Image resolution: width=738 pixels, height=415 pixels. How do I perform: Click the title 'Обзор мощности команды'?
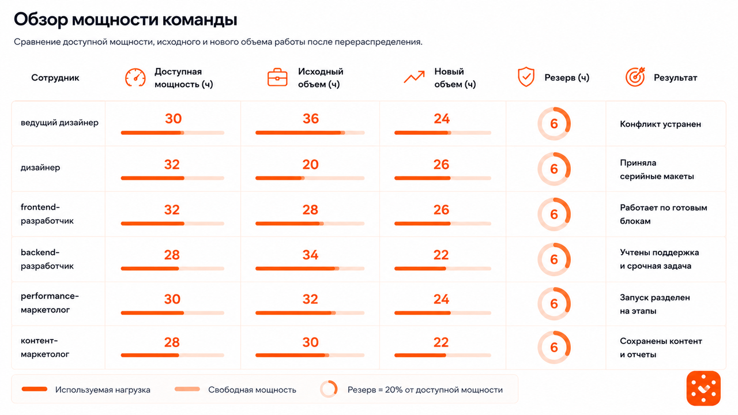click(x=126, y=20)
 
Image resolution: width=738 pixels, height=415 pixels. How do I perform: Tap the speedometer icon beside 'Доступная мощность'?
click(x=135, y=78)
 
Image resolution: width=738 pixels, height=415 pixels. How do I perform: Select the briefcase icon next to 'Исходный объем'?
click(x=277, y=77)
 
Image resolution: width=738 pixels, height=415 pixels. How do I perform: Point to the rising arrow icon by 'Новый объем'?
click(x=414, y=77)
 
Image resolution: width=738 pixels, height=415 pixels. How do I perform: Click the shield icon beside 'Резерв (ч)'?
click(x=526, y=77)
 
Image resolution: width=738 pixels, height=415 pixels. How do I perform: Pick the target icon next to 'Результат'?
click(x=635, y=77)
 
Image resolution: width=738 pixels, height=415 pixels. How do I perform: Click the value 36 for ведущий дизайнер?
click(x=311, y=119)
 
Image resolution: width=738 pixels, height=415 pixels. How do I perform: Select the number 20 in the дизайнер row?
click(x=310, y=164)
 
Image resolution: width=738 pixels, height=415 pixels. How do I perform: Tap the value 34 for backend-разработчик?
click(x=310, y=255)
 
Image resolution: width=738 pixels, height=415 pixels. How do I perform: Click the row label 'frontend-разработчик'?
click(x=47, y=214)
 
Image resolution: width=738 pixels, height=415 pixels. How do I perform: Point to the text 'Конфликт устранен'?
click(x=660, y=124)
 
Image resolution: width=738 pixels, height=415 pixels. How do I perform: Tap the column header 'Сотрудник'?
click(x=55, y=78)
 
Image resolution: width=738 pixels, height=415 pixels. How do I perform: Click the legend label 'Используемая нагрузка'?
click(x=103, y=390)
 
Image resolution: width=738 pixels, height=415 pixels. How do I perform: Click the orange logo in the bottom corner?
click(x=703, y=388)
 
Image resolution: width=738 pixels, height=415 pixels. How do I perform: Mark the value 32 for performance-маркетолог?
click(x=310, y=299)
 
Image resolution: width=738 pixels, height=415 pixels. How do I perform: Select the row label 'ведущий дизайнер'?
click(x=59, y=123)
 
